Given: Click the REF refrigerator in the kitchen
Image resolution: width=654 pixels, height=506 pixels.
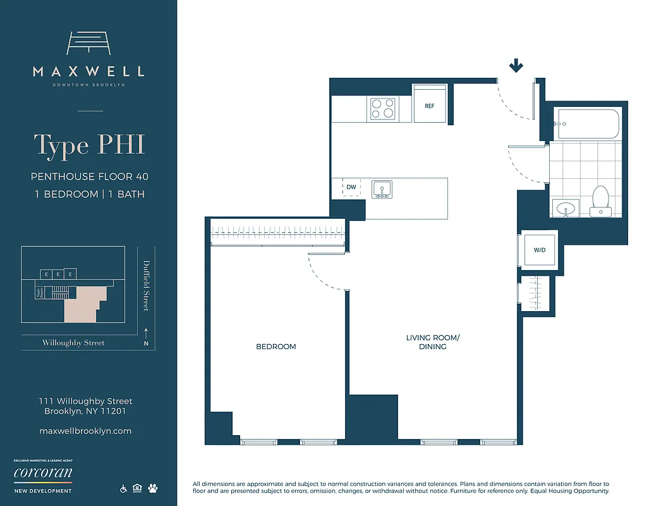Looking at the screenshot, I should click(x=430, y=106).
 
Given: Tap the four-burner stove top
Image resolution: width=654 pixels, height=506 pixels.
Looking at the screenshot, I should click(x=382, y=108).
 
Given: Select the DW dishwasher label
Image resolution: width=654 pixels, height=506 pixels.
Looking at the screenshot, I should click(x=351, y=188).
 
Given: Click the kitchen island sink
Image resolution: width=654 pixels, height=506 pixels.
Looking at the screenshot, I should click(x=382, y=189).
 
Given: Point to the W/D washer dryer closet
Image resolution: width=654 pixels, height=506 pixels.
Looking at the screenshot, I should click(x=539, y=250).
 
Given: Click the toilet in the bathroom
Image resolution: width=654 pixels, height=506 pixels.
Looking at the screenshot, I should click(x=599, y=201).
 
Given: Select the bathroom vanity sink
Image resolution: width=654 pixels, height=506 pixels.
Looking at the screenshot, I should click(x=566, y=207).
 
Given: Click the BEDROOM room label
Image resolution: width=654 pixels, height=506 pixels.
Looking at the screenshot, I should click(x=276, y=347).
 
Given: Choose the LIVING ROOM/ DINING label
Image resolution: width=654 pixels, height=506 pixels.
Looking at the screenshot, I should click(x=433, y=342).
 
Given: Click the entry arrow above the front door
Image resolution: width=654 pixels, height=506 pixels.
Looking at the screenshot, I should click(x=516, y=66).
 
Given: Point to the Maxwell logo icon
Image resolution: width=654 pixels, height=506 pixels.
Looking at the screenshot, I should click(x=88, y=44).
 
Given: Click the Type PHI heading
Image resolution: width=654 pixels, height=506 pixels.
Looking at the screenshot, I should click(x=89, y=145).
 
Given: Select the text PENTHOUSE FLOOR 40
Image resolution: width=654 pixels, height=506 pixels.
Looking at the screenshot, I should click(x=89, y=177).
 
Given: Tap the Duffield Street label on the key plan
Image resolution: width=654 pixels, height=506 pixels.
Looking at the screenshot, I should click(x=146, y=285).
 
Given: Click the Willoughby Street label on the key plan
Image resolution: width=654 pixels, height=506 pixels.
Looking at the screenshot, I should click(x=73, y=343).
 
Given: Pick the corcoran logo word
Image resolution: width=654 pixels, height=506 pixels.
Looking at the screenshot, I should click(x=42, y=473).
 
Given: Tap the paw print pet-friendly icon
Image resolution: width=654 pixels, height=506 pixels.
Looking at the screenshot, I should click(x=153, y=488).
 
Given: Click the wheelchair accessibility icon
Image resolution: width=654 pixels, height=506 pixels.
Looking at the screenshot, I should click(x=123, y=488).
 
